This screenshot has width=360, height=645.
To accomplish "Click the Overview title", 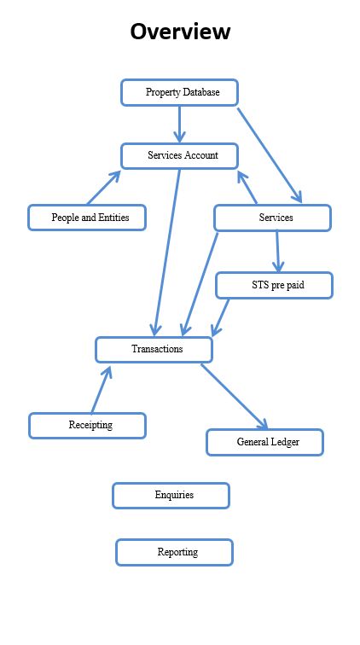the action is [180, 32].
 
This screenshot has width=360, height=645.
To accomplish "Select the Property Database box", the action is [179, 92].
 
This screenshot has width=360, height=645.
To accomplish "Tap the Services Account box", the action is [179, 156].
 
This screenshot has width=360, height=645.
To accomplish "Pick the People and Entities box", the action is [87, 218].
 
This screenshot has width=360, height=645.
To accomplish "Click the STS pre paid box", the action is [274, 285].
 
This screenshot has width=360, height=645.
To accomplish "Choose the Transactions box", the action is [154, 350].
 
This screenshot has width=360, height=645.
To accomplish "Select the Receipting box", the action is [87, 426].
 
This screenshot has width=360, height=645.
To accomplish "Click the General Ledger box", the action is [265, 443].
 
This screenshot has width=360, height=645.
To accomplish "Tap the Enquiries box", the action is [171, 496].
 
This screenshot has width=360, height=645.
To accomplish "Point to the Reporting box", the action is [174, 553].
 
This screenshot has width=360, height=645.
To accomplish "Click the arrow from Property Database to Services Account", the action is [179, 125].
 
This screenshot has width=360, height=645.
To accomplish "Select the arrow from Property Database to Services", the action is [270, 155].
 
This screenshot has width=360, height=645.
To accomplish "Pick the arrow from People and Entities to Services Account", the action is [104, 188].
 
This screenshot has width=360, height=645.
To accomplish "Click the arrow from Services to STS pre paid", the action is [277, 252].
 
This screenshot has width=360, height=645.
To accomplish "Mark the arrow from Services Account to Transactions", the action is [166, 253].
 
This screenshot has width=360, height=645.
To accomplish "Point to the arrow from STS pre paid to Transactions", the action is [220, 317].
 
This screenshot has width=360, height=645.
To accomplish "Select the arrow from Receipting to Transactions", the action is [102, 390].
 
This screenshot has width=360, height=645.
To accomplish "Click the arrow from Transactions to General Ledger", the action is [235, 397].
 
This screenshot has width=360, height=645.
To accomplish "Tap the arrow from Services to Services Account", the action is [247, 187].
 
